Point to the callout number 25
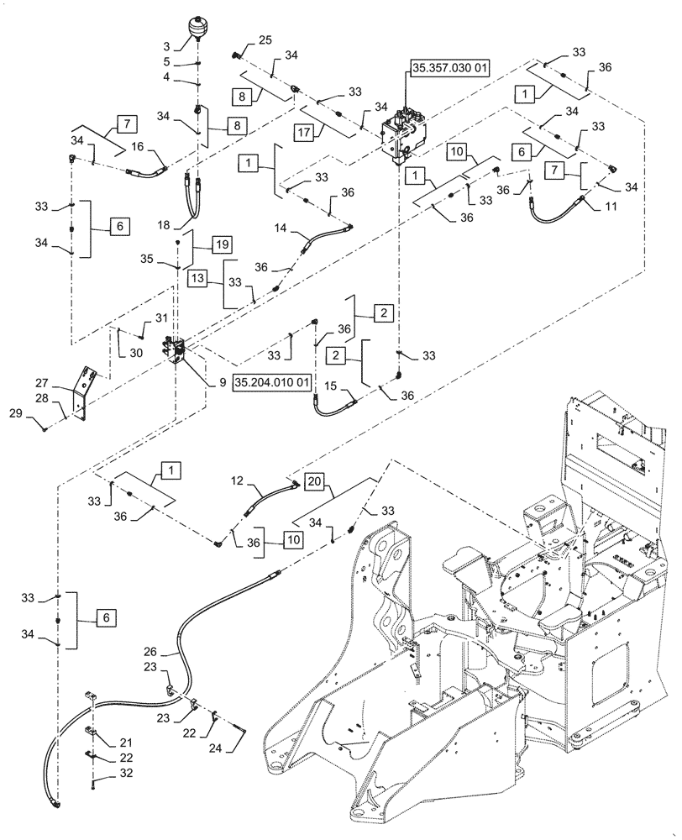click(x=265, y=40)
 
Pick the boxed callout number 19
click(x=198, y=244)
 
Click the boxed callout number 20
click(x=312, y=482)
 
